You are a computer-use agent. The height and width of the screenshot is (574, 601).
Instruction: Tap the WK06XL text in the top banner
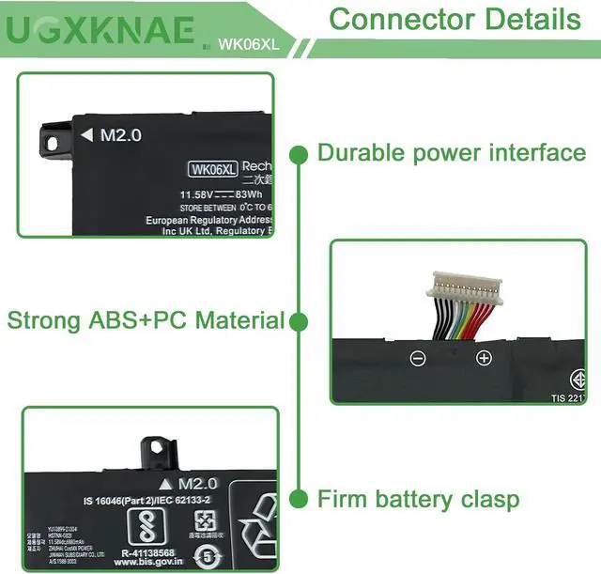point(246,43)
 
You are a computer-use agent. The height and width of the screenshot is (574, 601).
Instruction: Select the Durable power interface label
point(452,153)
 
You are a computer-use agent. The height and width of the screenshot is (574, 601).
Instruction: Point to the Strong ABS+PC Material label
point(146,320)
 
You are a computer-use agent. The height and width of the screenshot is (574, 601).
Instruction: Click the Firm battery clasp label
point(418,499)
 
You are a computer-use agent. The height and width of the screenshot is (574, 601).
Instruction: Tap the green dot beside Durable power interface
point(300,153)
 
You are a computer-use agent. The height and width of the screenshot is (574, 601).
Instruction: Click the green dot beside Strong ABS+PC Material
point(300,322)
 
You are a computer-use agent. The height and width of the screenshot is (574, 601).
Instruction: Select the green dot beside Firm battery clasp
point(300,499)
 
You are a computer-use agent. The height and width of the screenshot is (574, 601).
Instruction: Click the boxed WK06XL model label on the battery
point(212,170)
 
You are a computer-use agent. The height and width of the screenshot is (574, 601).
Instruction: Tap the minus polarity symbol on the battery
point(418,358)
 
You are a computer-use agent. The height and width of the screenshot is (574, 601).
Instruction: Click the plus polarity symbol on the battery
point(484,358)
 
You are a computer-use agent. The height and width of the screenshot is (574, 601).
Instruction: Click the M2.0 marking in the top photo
point(120,135)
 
